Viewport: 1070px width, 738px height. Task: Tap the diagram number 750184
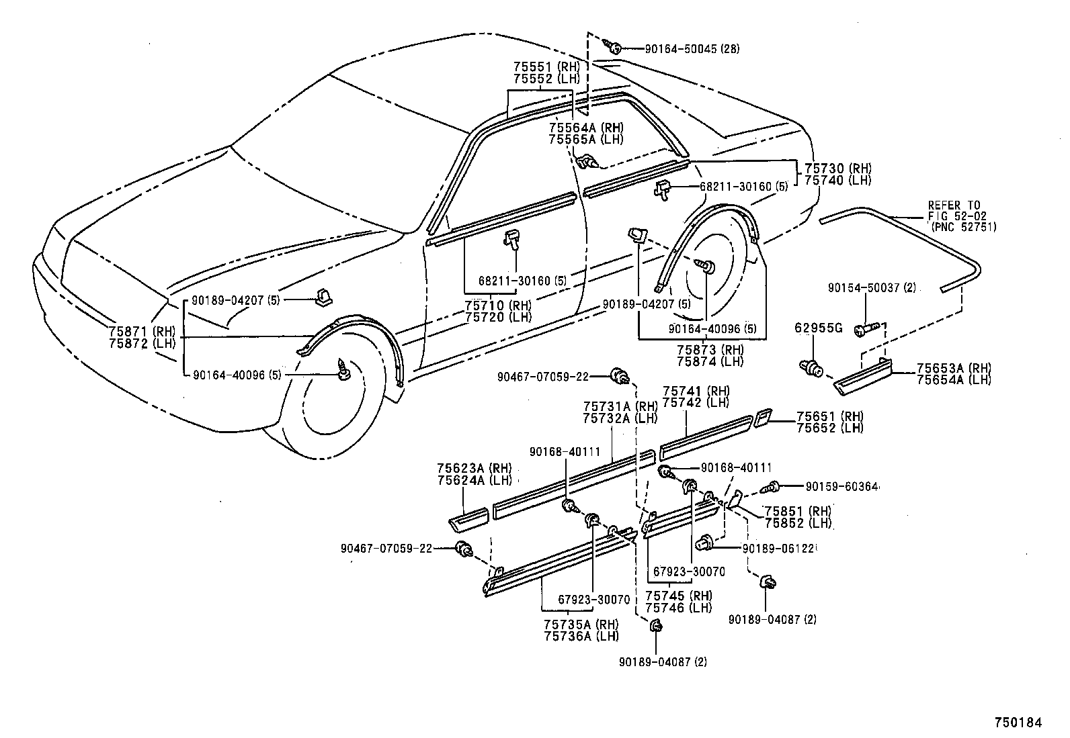pos(1018,723)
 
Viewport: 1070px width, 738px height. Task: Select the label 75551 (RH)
pos(546,67)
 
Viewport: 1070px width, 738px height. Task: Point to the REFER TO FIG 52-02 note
pos(962,216)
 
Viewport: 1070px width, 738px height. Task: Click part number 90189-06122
pos(779,549)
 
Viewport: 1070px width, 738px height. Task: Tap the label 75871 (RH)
pos(141,331)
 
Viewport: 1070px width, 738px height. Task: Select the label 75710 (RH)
pos(498,306)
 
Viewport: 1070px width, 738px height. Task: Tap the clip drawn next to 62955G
pos(813,367)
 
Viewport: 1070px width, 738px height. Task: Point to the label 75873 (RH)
pos(710,350)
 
